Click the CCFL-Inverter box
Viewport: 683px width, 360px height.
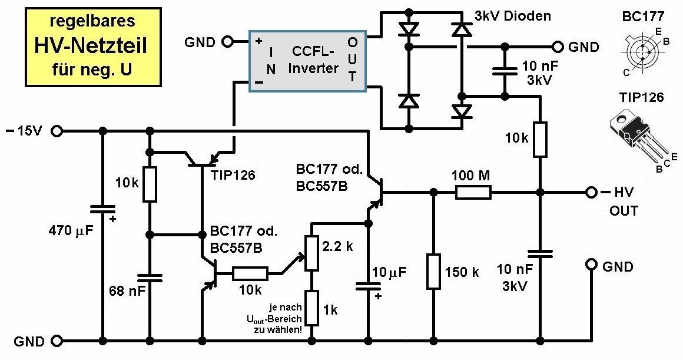point(308,61)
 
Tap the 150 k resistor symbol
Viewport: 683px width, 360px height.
point(433,272)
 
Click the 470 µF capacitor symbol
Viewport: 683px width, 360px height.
point(102,210)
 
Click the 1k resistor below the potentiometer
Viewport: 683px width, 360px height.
point(310,308)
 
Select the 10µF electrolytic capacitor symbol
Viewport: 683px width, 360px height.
point(368,286)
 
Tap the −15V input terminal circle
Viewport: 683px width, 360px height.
point(57,131)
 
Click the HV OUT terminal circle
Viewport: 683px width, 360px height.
point(591,191)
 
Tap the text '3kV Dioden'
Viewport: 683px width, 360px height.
point(512,16)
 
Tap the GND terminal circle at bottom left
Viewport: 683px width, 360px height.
point(57,341)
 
